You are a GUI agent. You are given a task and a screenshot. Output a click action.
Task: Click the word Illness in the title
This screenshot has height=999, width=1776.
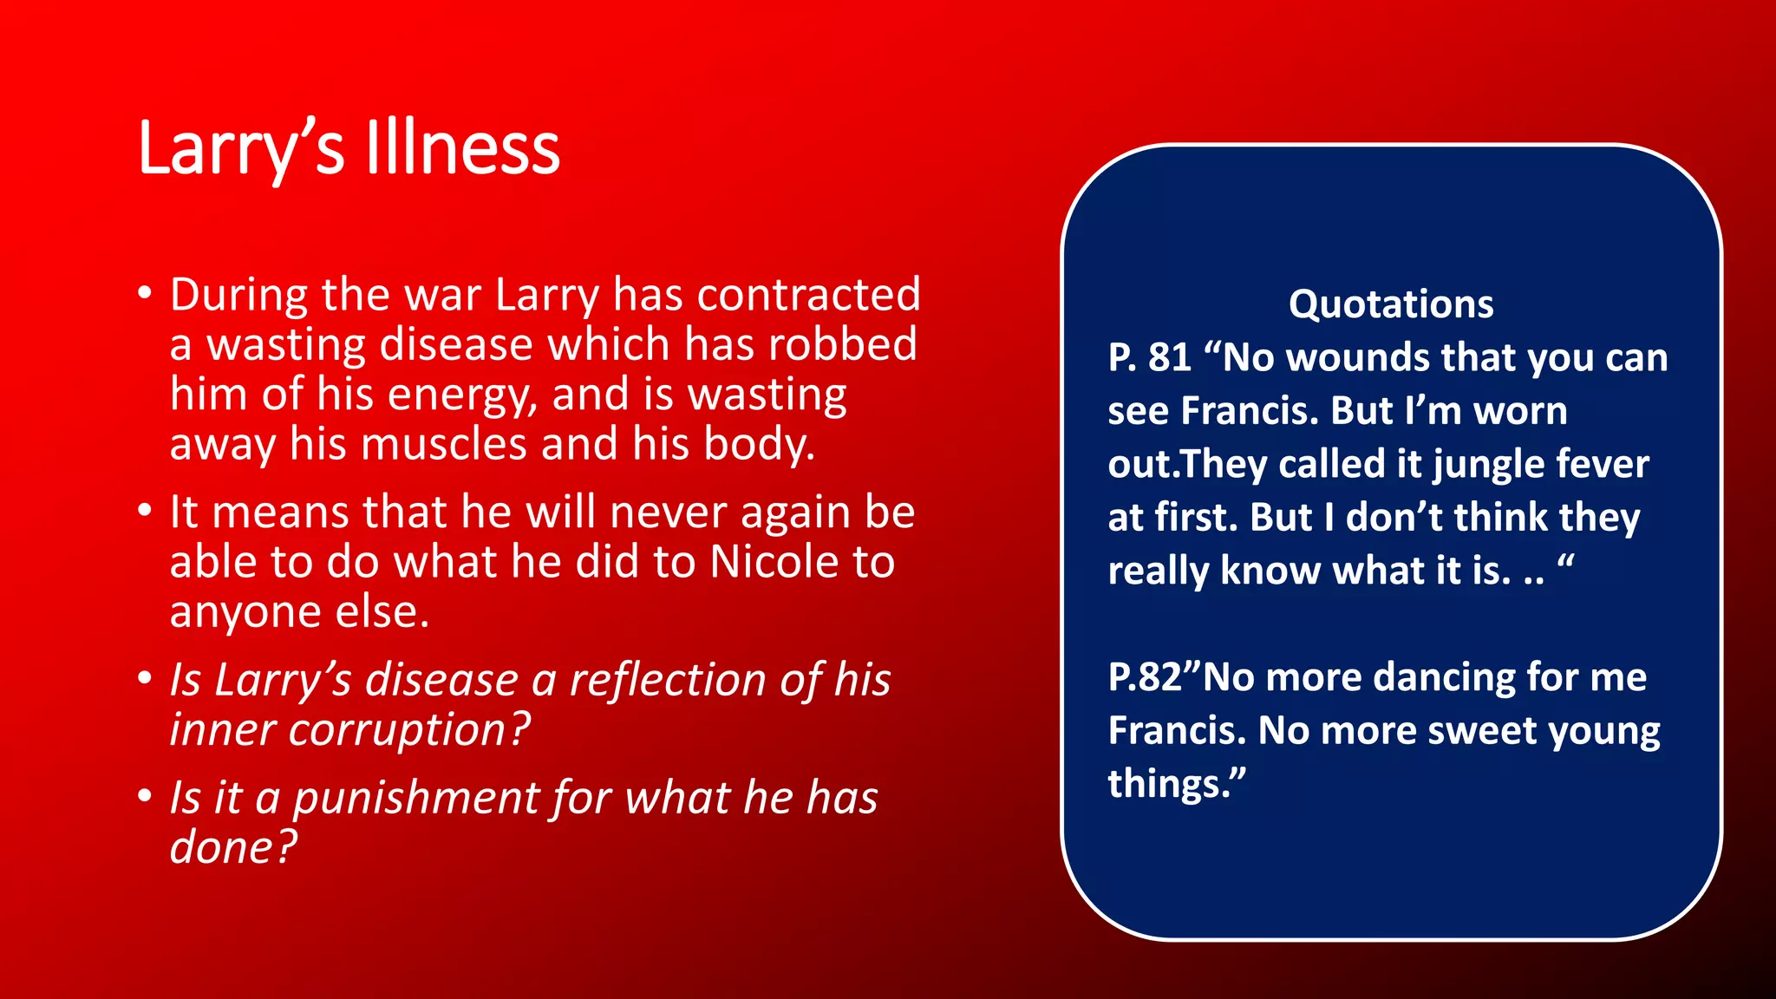point(463,149)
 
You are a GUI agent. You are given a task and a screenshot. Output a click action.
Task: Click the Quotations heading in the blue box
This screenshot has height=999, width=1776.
point(1391,304)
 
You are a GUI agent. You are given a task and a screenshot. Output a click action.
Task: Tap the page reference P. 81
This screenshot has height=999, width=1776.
point(1149,358)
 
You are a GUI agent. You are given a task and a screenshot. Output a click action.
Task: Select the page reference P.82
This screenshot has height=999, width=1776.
point(1145,677)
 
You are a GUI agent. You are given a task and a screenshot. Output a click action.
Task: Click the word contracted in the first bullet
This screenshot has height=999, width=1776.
point(808,295)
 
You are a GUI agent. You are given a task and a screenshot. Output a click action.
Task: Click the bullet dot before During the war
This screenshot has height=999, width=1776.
point(145,292)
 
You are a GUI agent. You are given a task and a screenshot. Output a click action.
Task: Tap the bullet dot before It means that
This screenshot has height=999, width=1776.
point(145,510)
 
